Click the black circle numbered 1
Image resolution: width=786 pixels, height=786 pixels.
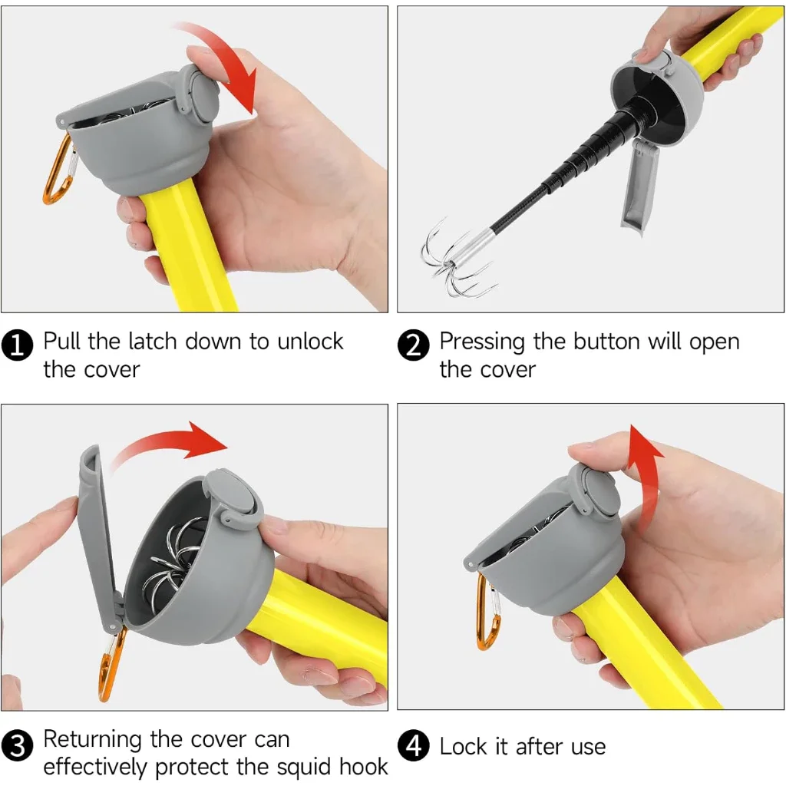[17, 345]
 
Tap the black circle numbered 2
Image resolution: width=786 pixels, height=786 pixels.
[413, 345]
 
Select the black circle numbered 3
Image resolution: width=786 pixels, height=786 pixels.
[17, 745]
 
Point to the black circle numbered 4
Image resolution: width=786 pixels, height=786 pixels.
[413, 745]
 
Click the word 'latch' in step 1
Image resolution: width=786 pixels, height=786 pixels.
[153, 342]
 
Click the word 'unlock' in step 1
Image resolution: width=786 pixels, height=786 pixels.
[310, 342]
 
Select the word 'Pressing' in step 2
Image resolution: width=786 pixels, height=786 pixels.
[482, 342]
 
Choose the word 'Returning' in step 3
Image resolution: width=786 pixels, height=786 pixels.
[92, 740]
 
